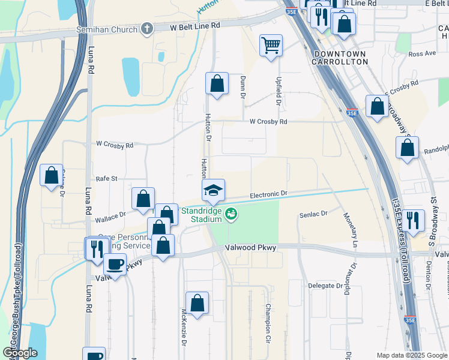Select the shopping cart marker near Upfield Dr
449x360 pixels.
point(271,46)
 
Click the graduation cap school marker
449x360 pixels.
point(213,191)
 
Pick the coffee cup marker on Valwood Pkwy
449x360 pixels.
point(115,265)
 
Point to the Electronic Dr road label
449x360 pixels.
point(269,195)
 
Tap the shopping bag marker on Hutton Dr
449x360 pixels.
point(217,84)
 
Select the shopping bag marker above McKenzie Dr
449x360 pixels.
point(197,303)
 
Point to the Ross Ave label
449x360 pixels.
point(421,53)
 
